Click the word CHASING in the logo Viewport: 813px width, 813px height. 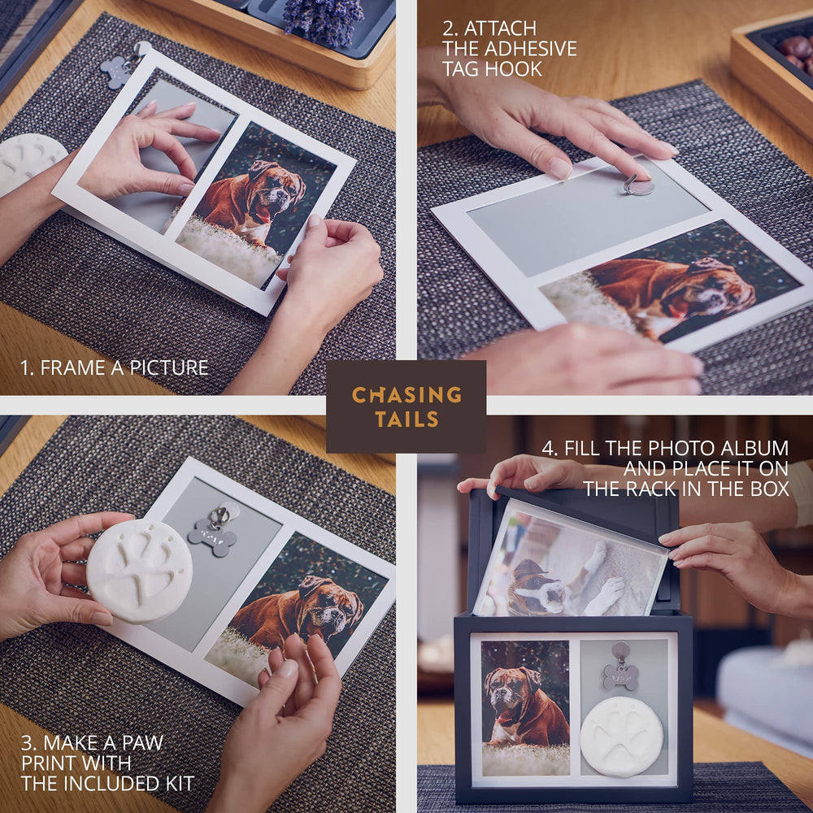[406, 394]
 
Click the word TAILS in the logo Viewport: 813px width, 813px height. [407, 419]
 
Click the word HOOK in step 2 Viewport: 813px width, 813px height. [518, 69]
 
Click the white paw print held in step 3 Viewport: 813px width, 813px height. [140, 572]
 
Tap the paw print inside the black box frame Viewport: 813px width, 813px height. [621, 737]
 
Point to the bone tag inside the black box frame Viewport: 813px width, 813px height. [620, 676]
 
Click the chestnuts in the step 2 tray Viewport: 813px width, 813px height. [796, 53]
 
